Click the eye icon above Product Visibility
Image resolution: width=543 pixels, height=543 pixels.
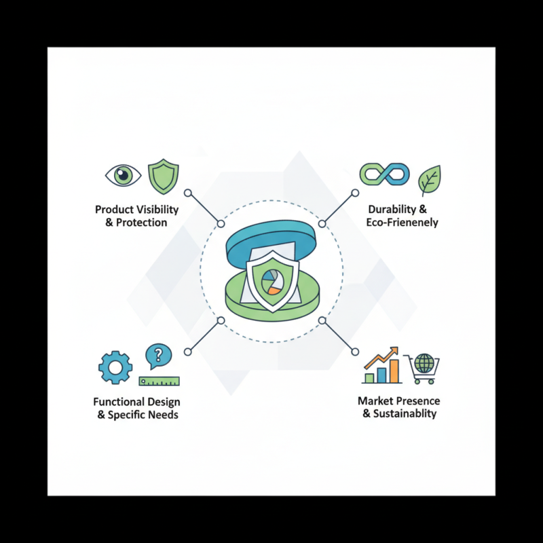pos(123,176)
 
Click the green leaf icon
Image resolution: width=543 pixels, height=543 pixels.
pos(429,179)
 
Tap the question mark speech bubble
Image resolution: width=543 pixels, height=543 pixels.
pos(159,355)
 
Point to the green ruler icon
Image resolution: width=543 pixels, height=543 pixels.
pos(159,380)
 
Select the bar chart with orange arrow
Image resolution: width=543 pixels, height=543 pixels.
pos(381,367)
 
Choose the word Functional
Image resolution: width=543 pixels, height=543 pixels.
pos(117,402)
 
